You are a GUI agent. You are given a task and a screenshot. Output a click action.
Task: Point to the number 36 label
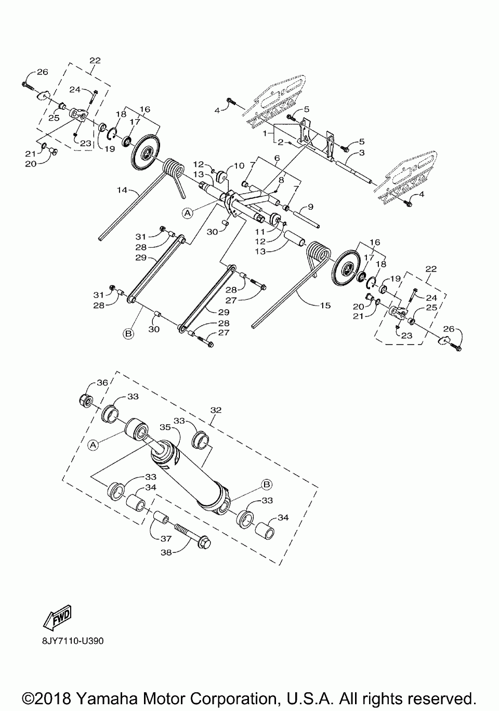click(102, 383)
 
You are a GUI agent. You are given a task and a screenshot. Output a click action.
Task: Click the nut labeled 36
click(86, 401)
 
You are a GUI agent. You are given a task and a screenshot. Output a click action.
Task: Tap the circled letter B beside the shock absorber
click(266, 484)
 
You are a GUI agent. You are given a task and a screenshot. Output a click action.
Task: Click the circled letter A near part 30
click(188, 212)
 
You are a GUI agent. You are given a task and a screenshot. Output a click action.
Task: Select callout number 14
click(122, 191)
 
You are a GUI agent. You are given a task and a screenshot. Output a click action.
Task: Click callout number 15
click(325, 306)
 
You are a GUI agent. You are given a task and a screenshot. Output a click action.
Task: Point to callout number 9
click(310, 207)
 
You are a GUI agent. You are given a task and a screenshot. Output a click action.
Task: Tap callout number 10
click(239, 166)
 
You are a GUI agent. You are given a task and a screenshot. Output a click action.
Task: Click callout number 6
click(277, 157)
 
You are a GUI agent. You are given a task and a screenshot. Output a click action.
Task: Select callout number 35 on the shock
click(165, 427)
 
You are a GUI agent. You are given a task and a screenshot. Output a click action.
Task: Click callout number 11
click(259, 231)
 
